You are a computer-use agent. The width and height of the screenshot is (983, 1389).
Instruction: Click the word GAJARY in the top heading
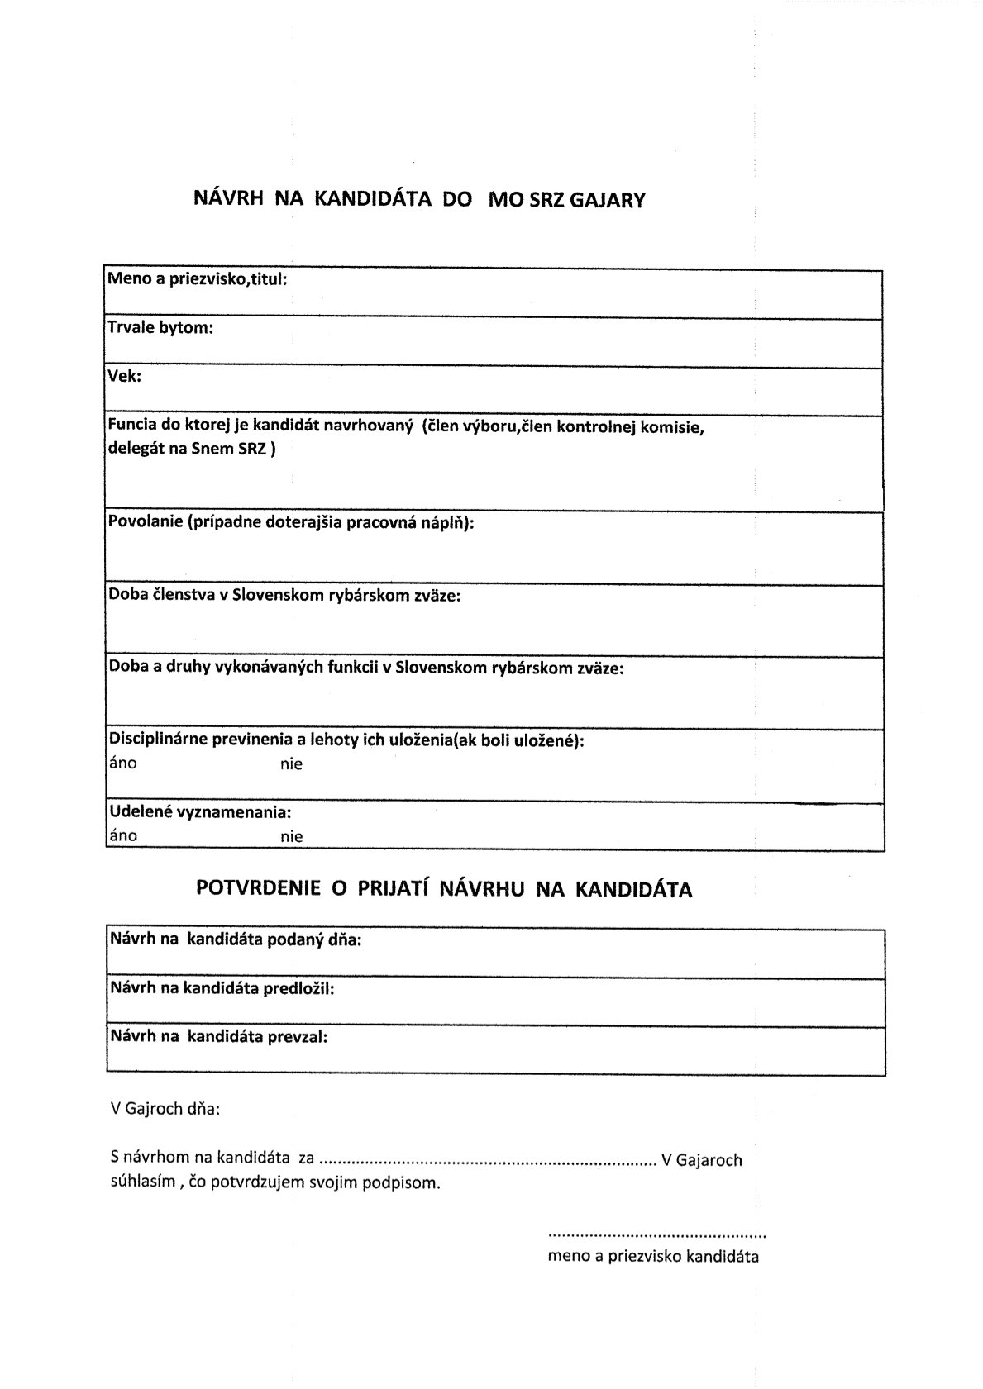(608, 200)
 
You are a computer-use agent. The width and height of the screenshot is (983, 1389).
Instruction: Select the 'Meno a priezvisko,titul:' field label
(198, 279)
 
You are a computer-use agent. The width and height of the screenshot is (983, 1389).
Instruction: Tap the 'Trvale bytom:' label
(160, 327)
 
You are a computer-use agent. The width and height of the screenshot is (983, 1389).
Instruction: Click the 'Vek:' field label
(125, 376)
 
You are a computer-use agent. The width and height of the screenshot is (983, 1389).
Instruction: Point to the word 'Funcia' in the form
(131, 426)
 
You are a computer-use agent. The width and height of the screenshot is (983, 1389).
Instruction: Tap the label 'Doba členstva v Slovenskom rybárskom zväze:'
(284, 595)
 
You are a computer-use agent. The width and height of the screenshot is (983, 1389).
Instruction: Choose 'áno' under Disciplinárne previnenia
(123, 763)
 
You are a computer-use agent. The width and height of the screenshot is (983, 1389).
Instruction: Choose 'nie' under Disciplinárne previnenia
(291, 764)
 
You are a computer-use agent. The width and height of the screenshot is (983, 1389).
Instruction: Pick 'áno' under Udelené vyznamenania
(123, 835)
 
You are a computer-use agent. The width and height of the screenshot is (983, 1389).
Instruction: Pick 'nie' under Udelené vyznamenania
(291, 836)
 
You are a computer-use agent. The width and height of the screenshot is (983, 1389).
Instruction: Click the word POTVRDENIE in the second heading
(258, 889)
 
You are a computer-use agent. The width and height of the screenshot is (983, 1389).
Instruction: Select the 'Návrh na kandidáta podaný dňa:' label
(236, 939)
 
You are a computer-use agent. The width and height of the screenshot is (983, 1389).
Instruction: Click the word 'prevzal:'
(298, 1036)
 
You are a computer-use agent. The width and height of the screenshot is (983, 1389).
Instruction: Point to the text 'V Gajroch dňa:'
(165, 1109)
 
